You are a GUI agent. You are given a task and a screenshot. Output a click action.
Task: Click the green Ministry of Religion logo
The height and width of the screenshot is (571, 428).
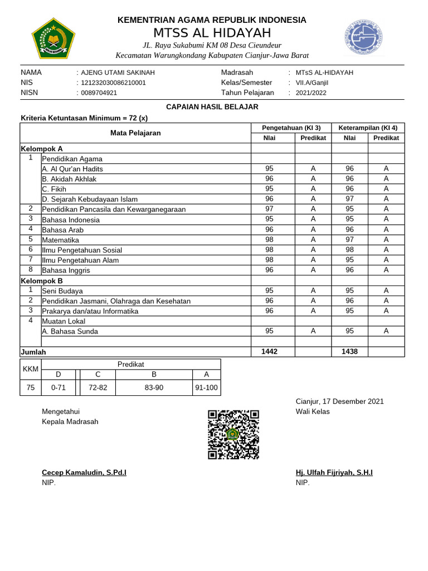tap(51, 38)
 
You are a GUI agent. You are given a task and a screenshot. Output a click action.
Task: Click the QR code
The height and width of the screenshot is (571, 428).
tap(233, 435)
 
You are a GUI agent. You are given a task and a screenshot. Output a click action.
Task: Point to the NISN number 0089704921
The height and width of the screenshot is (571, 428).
tap(99, 93)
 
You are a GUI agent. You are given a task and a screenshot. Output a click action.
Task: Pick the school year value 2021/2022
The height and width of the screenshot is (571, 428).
tap(311, 93)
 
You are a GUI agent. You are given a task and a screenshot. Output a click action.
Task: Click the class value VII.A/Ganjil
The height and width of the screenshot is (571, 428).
tap(312, 83)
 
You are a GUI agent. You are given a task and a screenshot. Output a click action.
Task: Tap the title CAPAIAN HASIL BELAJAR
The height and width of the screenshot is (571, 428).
tap(212, 107)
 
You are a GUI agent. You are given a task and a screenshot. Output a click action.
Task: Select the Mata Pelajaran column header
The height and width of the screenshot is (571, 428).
tap(135, 133)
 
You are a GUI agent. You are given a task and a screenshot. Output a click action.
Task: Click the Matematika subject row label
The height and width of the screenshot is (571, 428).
tap(60, 240)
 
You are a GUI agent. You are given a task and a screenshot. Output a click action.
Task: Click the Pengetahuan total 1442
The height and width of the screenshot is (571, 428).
tap(270, 351)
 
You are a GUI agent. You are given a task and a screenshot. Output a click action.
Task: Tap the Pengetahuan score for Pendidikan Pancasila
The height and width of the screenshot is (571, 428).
tap(270, 209)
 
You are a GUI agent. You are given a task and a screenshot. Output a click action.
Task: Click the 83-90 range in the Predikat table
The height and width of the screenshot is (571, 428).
tap(154, 388)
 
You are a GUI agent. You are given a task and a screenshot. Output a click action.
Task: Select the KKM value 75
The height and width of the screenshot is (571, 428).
tap(30, 388)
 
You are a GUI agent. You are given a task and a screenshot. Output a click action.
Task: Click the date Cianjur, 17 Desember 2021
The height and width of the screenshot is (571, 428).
tap(339, 401)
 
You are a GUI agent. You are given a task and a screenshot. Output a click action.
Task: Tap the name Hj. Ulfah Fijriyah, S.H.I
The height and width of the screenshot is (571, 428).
tap(334, 473)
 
